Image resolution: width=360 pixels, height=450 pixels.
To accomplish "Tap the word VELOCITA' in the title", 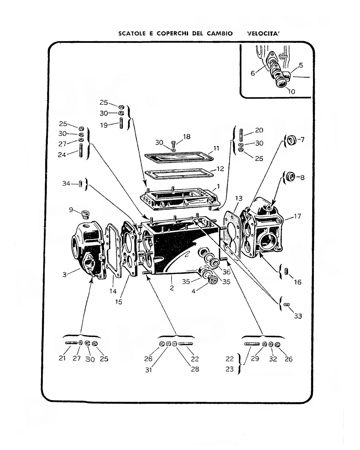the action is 263,33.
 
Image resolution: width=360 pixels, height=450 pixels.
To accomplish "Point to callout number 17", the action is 297,216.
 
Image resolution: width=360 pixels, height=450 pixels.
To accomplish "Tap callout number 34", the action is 66,184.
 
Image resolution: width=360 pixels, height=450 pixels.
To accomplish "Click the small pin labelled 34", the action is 81,184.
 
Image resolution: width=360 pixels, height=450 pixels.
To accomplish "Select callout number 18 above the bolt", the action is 187,136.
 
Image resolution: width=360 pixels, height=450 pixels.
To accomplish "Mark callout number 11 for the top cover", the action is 216,148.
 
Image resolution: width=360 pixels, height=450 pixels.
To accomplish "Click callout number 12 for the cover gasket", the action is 220,169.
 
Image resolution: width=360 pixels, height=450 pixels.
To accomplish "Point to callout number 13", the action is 239,198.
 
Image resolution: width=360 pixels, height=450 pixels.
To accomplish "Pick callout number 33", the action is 298,316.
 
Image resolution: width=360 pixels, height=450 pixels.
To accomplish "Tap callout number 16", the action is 298,282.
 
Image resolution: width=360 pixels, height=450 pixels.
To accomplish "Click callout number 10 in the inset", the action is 291,91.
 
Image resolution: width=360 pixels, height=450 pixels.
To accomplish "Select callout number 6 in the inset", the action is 253,73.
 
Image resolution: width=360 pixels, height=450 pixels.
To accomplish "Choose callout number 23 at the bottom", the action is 230,369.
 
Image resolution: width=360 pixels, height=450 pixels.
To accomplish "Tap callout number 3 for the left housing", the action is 64,274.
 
